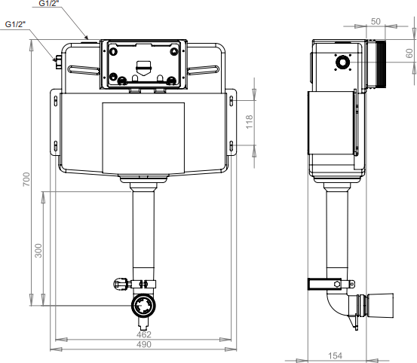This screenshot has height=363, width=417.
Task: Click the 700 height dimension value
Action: pos(26,179)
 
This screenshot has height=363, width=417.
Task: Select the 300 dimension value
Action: pos(38,250)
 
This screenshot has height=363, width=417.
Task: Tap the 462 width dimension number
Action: pos(143,334)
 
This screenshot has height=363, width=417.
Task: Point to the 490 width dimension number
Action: pos(143,344)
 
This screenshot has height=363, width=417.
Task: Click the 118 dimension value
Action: pos(250,122)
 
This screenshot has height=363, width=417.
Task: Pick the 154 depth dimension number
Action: pos(335,355)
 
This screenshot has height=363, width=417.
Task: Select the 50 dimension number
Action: pos(376,21)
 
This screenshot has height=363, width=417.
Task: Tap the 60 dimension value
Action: pos(409,53)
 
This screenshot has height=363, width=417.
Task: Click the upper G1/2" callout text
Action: pos(49,3)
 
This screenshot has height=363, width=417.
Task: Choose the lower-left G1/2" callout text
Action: pos(15,24)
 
